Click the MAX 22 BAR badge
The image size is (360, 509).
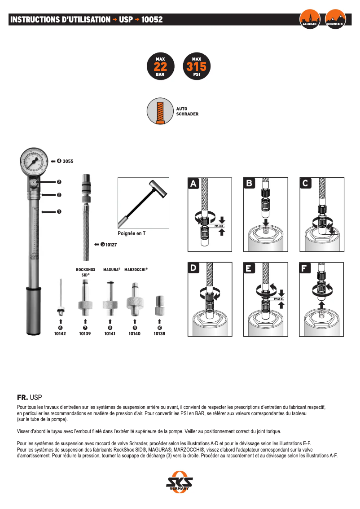(x=160, y=67)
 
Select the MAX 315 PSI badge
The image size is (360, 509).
(x=196, y=67)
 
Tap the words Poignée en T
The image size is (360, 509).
(x=132, y=233)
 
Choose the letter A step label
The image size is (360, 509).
(x=193, y=184)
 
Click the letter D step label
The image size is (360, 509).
(x=193, y=268)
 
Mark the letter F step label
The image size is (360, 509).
(x=305, y=268)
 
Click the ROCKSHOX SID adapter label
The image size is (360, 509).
(x=85, y=272)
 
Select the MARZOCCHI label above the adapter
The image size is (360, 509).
(x=136, y=270)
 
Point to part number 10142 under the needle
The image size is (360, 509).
(x=60, y=334)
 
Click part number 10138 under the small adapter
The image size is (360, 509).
(x=159, y=334)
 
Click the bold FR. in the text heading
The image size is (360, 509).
(x=22, y=398)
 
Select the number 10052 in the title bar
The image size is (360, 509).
(x=152, y=20)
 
